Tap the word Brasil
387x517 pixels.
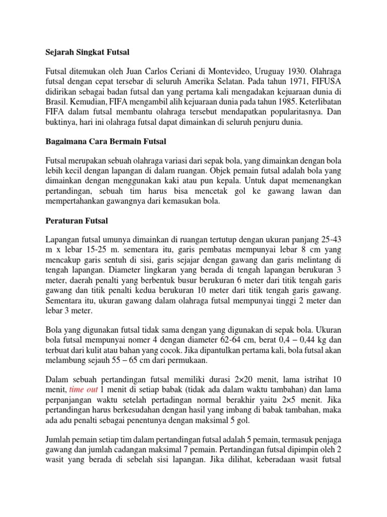pyautogui.click(x=56, y=102)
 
